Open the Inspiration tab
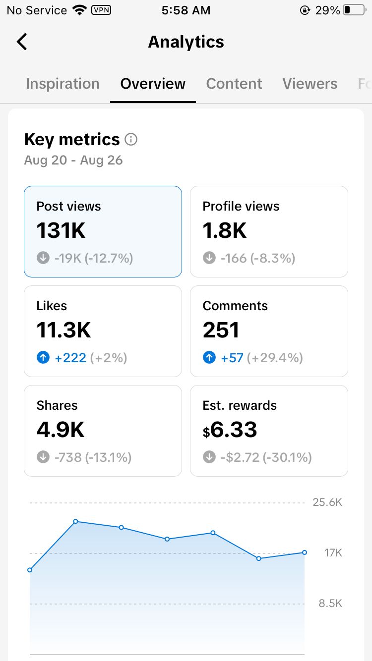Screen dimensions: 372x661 click(x=62, y=84)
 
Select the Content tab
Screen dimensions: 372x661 click(x=234, y=84)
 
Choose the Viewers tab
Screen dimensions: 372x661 click(x=310, y=84)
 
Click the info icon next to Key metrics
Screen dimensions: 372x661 click(x=131, y=139)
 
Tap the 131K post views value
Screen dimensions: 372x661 click(x=61, y=230)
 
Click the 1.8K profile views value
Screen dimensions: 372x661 click(x=224, y=230)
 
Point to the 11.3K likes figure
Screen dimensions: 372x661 click(x=63, y=330)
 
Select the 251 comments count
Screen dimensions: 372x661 click(x=221, y=330)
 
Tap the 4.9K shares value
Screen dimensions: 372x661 click(x=61, y=430)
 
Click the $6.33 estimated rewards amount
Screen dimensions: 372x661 click(x=230, y=430)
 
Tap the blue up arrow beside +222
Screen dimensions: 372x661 click(x=43, y=358)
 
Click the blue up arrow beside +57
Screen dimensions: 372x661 click(x=209, y=358)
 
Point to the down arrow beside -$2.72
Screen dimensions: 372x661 click(x=209, y=457)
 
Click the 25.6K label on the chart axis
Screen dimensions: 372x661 click(x=327, y=502)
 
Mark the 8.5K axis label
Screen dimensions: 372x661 click(x=330, y=603)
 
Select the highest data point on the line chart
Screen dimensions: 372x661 click(x=76, y=521)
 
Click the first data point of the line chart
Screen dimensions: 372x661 click(x=30, y=570)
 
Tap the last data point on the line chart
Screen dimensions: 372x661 click(x=305, y=552)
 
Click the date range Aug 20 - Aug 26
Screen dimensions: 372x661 click(x=73, y=160)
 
